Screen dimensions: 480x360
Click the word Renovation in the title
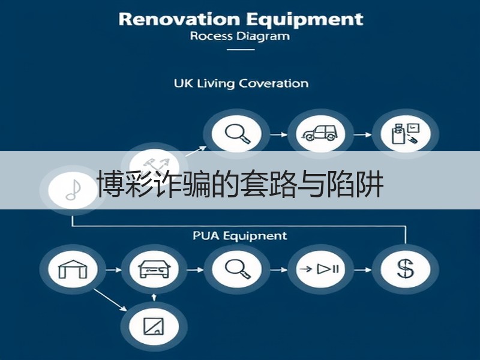pos(179,19)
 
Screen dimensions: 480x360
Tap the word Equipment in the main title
pos(305,20)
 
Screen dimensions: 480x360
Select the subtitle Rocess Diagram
pos(239,36)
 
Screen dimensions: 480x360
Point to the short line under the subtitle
pos(241,49)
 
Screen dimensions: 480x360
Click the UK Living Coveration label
pos(241,83)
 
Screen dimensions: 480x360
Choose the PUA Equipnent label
pos(240,236)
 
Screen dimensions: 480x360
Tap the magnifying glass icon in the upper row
pos(238,134)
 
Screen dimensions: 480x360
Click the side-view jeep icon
pos(319,133)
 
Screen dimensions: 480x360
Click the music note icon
pos(73,190)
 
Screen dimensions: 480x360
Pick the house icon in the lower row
pos(73,269)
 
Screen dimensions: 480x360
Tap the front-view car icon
pos(154,269)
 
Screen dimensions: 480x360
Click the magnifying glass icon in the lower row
pos(238,269)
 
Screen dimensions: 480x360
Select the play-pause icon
pos(320,269)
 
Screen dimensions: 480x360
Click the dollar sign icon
pos(406,268)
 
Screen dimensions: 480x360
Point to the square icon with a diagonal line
pos(154,326)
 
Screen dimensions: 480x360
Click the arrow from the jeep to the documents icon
pos(362,134)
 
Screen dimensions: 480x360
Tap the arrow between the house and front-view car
pos(113,269)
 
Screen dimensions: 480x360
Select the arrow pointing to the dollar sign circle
pos(362,269)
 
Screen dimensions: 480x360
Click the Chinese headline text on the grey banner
pos(240,184)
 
